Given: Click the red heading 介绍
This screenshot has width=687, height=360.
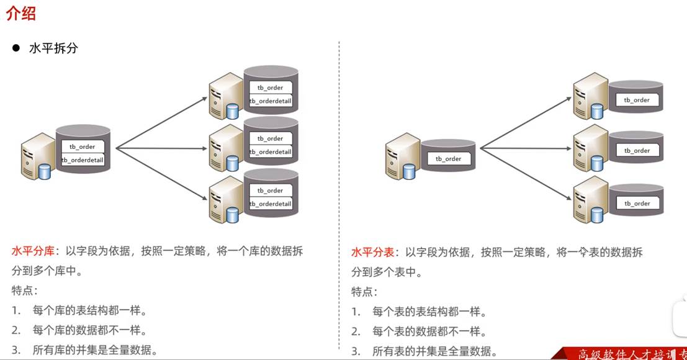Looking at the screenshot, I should click(21, 13).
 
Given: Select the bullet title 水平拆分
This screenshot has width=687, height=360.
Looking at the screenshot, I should click(53, 48).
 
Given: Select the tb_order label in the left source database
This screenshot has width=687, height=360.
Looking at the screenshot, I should click(83, 146).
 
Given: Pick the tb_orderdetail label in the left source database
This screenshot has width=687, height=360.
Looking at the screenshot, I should click(83, 160).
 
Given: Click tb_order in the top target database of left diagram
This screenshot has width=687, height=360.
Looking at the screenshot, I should click(270, 88).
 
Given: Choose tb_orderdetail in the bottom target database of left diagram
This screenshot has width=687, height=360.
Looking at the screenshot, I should click(270, 204).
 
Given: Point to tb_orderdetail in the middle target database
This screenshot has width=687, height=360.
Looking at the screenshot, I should click(270, 152).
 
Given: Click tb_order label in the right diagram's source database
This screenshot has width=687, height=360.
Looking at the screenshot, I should click(449, 159).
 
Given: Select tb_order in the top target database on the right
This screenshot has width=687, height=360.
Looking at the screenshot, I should click(637, 100).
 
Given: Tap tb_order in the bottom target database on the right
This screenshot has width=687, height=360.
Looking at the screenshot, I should click(637, 204).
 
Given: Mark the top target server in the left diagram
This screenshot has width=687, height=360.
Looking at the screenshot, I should click(224, 97).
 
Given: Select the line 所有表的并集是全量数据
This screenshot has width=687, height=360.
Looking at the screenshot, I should click(434, 351).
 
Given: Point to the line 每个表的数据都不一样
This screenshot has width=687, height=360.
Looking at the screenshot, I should click(429, 331).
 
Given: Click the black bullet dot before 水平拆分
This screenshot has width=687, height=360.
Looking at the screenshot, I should click(16, 48).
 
